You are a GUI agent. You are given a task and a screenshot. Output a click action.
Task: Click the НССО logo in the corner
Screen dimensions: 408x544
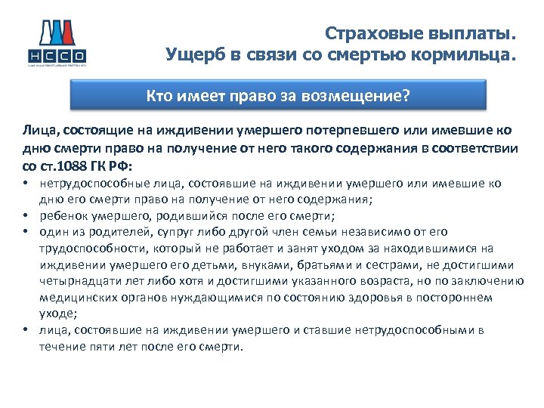57,42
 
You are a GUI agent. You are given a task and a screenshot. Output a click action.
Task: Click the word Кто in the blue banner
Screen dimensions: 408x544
160,96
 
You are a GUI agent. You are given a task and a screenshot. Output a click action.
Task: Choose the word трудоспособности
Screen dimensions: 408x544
90,249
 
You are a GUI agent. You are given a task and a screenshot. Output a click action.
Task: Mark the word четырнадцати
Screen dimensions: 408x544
76,282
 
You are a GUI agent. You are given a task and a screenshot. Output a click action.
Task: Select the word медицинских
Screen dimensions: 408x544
73,298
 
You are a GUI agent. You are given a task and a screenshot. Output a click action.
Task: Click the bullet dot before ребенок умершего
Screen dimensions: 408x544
26,214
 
